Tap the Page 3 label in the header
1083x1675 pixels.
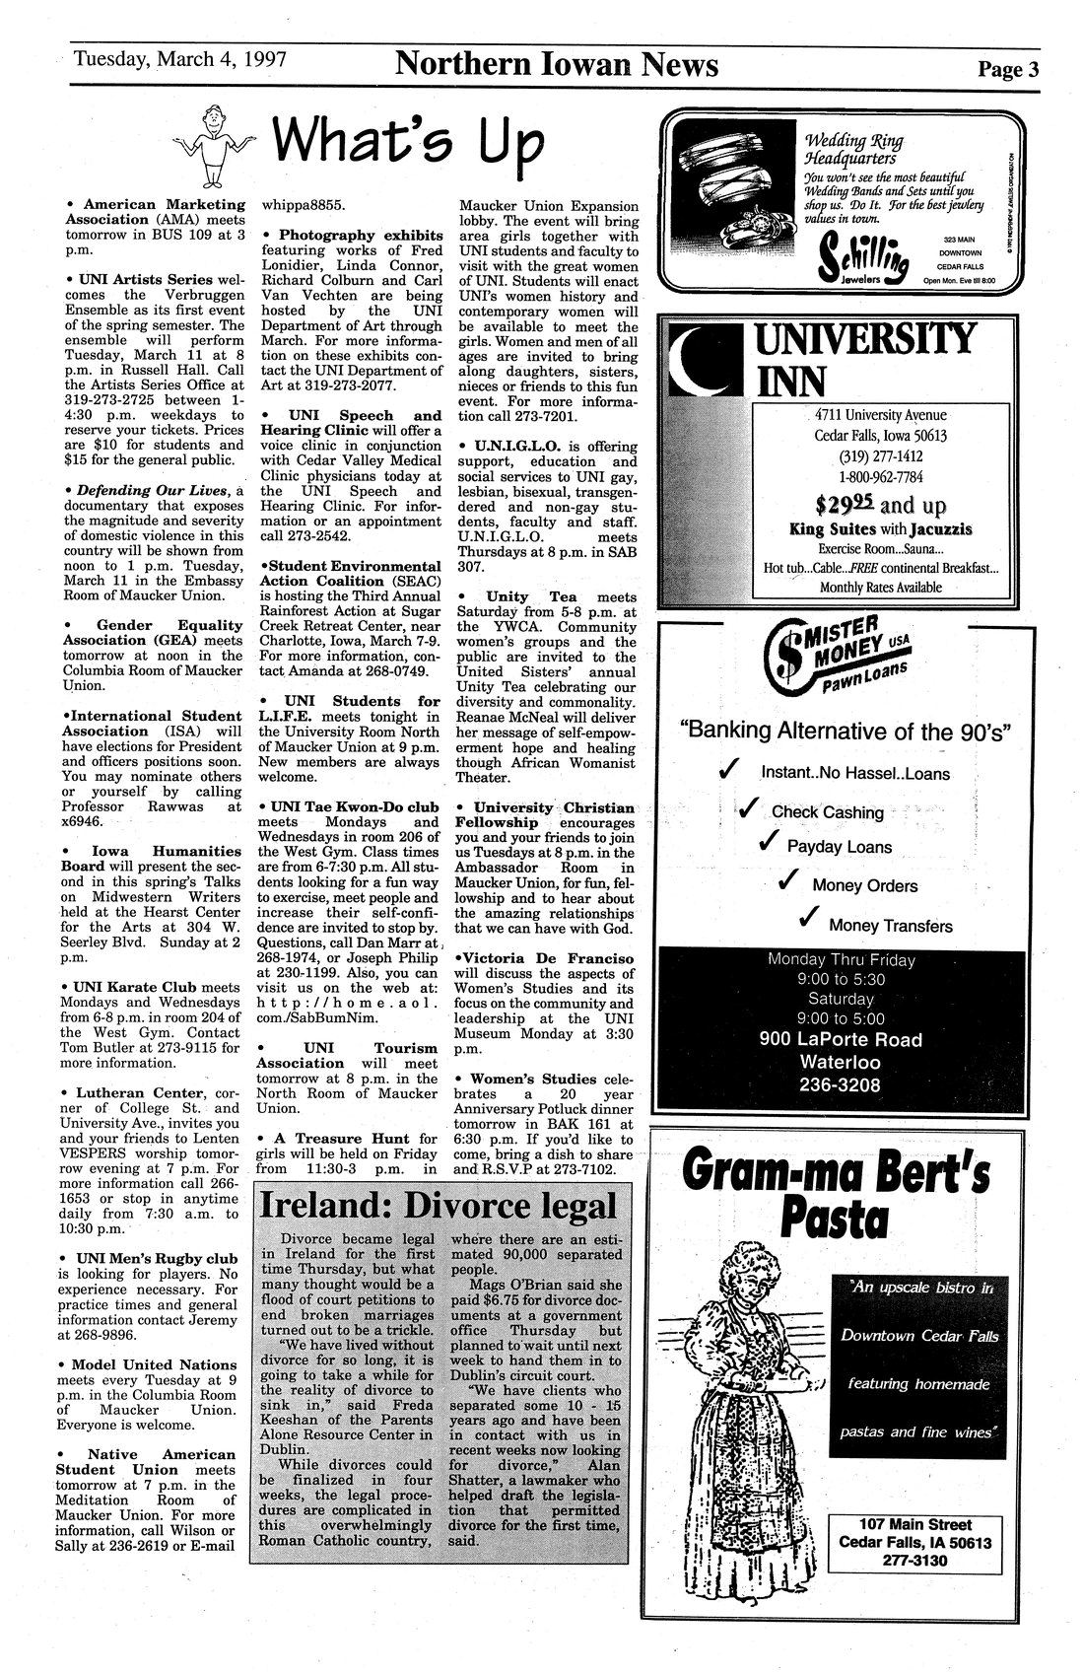tap(1008, 69)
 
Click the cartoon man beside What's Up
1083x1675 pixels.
tap(208, 145)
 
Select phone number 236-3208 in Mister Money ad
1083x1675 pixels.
tap(841, 1085)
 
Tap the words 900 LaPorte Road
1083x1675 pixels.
tap(841, 1039)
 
